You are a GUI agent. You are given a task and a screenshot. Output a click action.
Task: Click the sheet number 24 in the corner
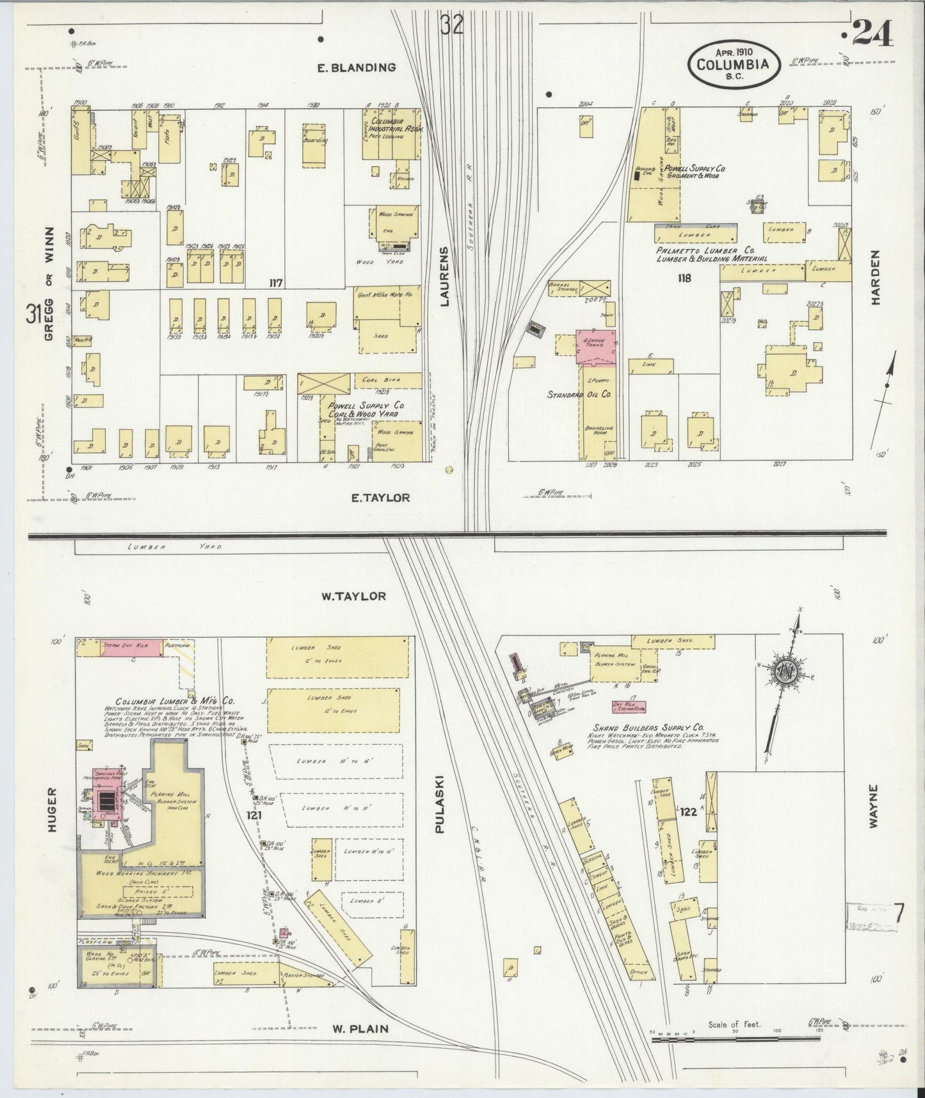(873, 33)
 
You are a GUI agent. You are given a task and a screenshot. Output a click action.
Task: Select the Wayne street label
(874, 807)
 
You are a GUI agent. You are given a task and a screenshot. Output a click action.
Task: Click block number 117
(276, 282)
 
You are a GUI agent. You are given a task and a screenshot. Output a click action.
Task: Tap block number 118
(682, 279)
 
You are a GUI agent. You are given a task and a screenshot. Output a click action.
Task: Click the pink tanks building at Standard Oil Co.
(596, 347)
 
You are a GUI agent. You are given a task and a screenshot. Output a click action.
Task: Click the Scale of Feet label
(734, 1024)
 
